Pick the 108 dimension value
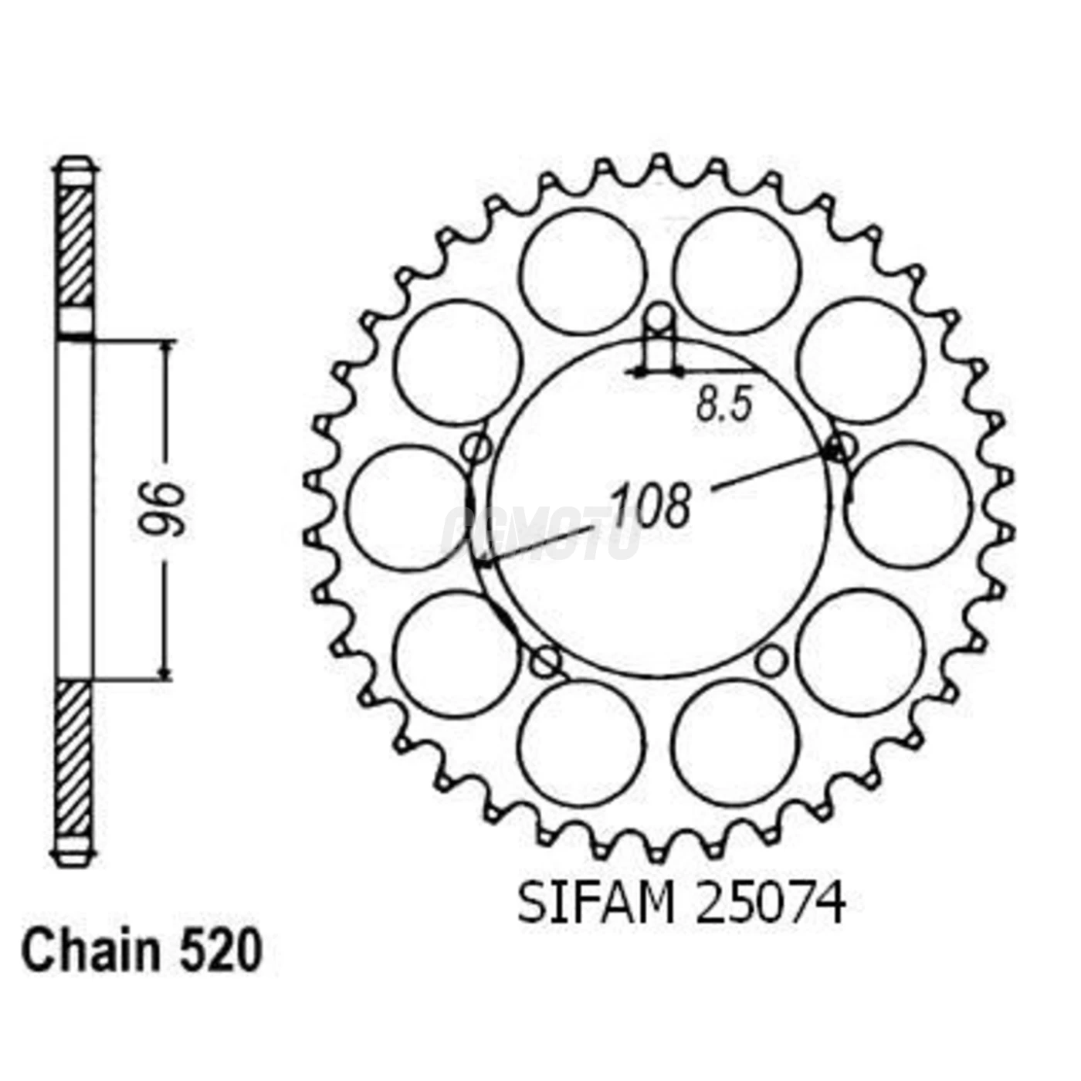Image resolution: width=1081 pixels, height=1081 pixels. pyautogui.click(x=650, y=507)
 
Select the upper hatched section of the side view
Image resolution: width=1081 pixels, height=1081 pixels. pyautogui.click(x=75, y=246)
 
